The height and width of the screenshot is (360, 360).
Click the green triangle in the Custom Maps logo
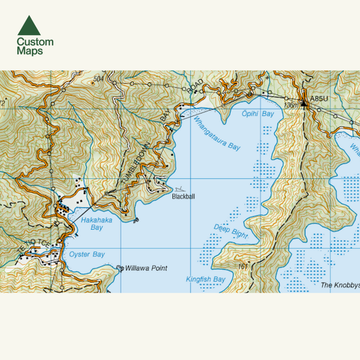coord(28,26)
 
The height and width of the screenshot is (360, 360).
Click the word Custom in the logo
coord(35,42)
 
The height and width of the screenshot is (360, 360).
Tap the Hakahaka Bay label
coord(92,224)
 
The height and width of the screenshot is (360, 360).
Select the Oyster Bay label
coord(87,255)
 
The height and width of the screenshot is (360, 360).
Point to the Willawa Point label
coord(146,268)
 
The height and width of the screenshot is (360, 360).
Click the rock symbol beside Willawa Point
coord(120,268)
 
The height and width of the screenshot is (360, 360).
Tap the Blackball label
coord(183,197)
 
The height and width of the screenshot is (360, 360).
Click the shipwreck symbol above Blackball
coord(178,189)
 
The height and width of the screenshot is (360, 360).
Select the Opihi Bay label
coord(258,114)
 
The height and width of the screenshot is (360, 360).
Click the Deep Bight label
coord(230,232)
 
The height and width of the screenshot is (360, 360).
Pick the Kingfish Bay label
coord(205,279)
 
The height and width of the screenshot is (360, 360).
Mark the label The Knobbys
coord(340,285)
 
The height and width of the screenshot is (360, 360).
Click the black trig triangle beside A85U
coord(304,99)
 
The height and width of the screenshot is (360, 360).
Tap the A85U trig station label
coord(318,99)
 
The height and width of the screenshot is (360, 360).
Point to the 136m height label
coord(291,105)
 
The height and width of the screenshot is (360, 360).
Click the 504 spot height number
coord(100,79)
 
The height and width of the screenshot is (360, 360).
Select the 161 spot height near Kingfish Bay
coord(243,266)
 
